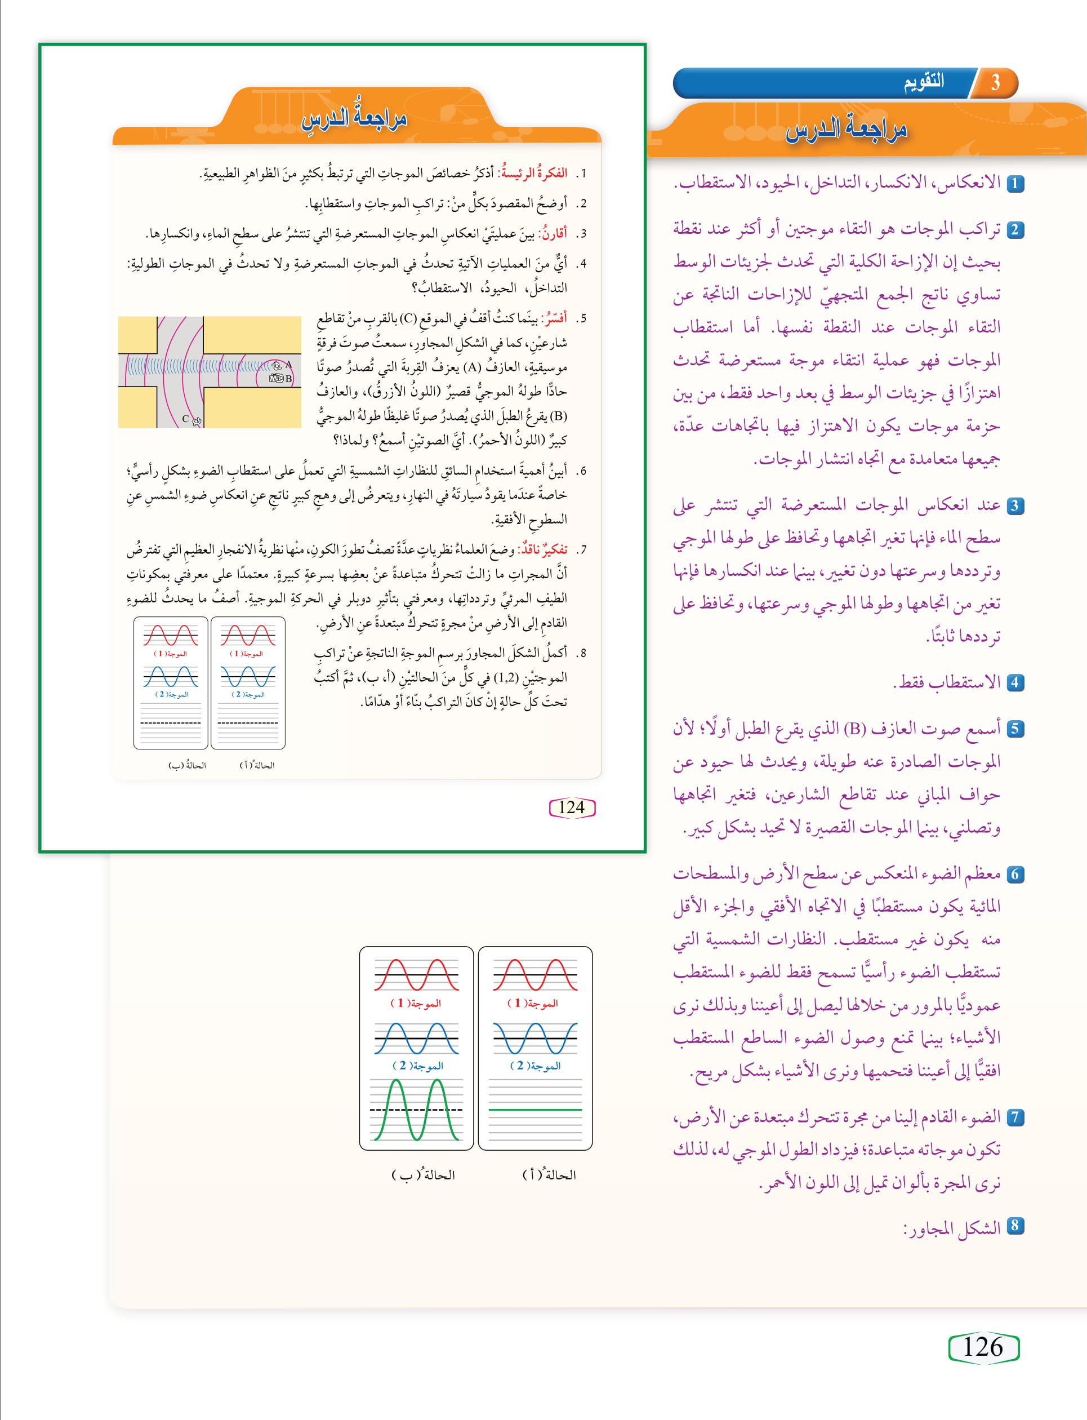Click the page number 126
[x=983, y=1347]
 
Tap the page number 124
[x=571, y=807]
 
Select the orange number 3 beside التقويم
[x=995, y=82]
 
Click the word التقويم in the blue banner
[x=924, y=82]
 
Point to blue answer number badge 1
[x=1014, y=183]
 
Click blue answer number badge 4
[x=1014, y=682]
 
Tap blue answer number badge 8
[x=1014, y=1225]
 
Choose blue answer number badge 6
[x=1014, y=875]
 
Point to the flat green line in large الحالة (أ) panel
[x=535, y=1110]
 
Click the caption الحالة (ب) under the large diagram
[x=424, y=1175]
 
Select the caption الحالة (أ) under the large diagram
[x=549, y=1175]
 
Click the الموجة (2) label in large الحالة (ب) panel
[x=417, y=1066]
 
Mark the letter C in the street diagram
[x=185, y=419]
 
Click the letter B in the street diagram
[x=288, y=379]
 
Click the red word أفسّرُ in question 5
[x=555, y=318]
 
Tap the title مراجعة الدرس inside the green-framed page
[x=355, y=118]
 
